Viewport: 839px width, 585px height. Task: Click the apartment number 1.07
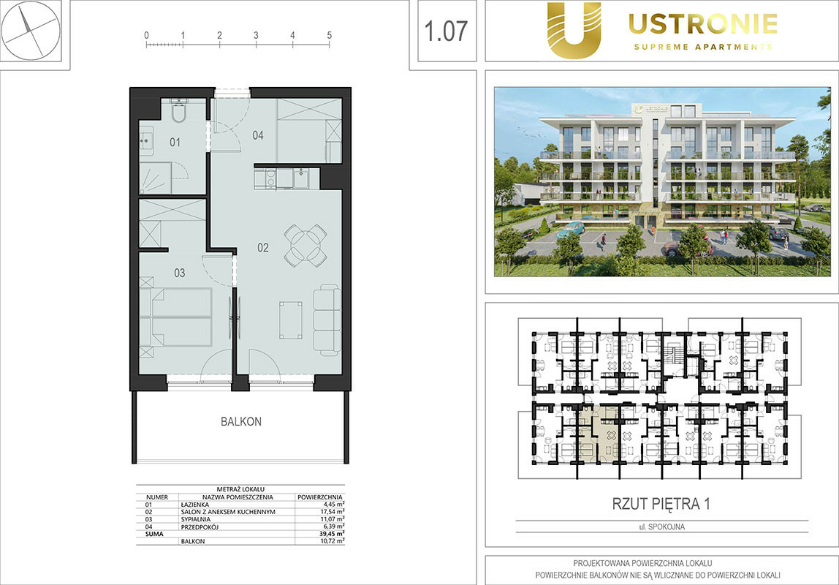[x=446, y=31]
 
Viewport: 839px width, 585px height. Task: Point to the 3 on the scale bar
[x=256, y=35]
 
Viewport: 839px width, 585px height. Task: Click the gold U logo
[x=574, y=30]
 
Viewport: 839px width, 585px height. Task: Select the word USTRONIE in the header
[x=703, y=24]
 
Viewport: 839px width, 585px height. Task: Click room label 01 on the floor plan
[x=175, y=143]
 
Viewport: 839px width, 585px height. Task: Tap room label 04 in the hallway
[x=258, y=135]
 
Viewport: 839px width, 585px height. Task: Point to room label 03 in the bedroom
[x=179, y=273]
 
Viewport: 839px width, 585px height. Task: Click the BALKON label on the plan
[x=241, y=422]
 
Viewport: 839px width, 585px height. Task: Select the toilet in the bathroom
[x=179, y=111]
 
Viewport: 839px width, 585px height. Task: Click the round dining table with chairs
[x=305, y=245]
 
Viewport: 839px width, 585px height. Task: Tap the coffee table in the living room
[x=291, y=320]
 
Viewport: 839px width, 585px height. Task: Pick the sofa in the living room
[x=327, y=320]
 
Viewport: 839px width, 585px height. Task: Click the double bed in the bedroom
[x=176, y=317]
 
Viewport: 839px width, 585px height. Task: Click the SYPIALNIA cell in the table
[x=196, y=519]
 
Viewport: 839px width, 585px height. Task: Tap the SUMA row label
[x=155, y=534]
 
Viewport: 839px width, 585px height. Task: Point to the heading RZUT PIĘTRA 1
[x=661, y=504]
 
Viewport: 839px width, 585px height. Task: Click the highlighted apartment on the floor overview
[x=599, y=434]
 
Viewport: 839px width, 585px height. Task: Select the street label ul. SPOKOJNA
[x=662, y=526]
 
